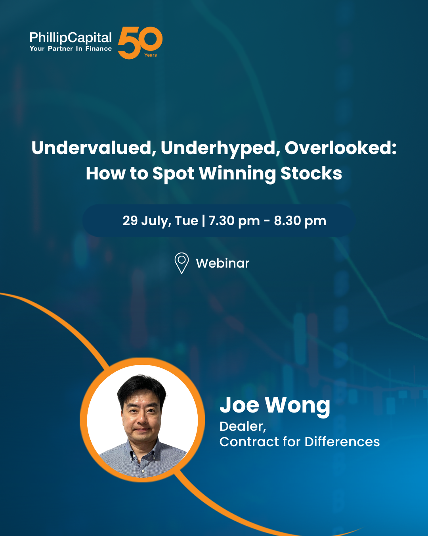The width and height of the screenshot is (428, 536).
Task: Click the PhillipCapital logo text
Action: pos(71,38)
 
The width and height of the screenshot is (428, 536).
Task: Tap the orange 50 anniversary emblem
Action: pos(140,43)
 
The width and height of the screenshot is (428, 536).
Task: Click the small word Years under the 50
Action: pos(151,55)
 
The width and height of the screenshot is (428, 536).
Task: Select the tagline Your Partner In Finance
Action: pos(71,48)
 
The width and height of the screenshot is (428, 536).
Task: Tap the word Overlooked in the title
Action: pos(340,148)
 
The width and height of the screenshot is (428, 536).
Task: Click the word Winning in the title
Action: pos(237,174)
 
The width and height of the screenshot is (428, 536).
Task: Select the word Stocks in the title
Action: pos(311,173)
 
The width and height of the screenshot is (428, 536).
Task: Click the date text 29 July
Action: pos(147,221)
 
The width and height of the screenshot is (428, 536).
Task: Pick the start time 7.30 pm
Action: pos(234,221)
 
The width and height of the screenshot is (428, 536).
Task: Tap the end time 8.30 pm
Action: pos(300,221)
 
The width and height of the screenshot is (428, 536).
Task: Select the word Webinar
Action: pos(223,263)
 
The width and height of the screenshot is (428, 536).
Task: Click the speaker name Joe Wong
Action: pos(275,406)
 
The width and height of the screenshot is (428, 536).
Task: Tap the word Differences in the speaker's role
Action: pos(342,442)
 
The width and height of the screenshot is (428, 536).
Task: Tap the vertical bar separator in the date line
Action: pos(204,221)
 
